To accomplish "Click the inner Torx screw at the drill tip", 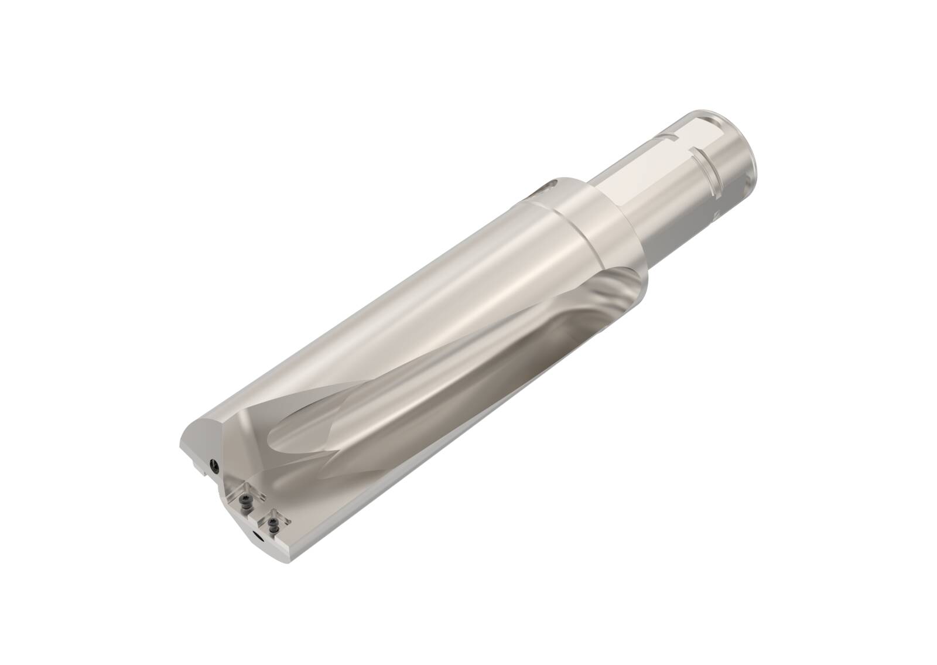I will [x=245, y=501].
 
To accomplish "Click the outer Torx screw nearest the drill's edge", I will [x=272, y=524].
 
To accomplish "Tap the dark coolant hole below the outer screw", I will [x=258, y=536].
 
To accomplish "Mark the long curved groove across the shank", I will [x=709, y=170].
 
